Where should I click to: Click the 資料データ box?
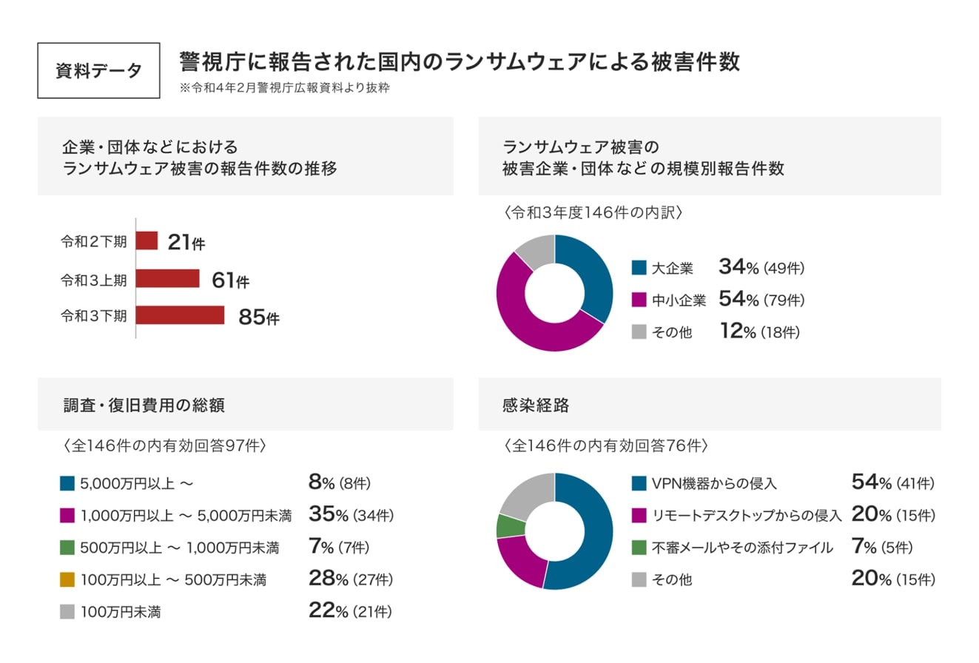coord(98,70)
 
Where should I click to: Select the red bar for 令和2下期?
coord(147,240)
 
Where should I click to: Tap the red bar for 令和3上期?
coord(168,278)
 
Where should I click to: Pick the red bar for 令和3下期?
coord(180,315)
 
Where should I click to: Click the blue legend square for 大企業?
coord(639,268)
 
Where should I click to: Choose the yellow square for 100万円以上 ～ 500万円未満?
coord(67,579)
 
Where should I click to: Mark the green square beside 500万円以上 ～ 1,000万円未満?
coord(67,548)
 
